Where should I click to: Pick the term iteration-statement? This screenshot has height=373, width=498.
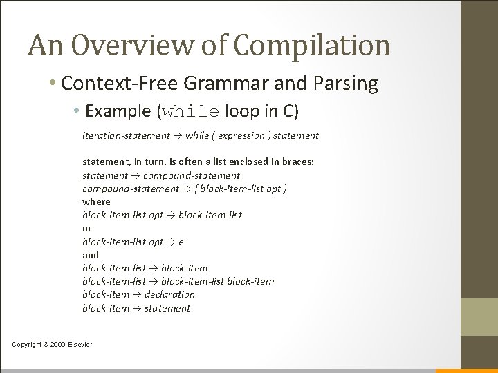(126, 135)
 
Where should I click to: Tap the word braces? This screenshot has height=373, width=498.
(295, 162)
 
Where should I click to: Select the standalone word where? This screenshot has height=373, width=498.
(96, 202)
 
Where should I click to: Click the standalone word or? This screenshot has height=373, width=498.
(86, 228)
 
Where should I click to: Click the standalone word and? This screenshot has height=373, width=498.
(90, 255)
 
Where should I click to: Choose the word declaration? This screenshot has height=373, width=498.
(169, 294)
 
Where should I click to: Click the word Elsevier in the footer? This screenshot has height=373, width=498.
(79, 345)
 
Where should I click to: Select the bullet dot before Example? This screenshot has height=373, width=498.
(82, 111)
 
